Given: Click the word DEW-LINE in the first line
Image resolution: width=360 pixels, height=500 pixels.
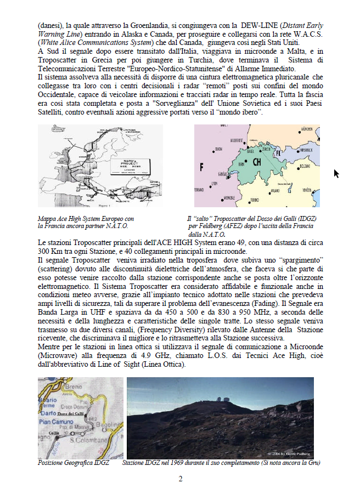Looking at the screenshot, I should coord(257,25).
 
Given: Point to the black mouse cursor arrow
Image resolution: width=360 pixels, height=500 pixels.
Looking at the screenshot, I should coord(336,173).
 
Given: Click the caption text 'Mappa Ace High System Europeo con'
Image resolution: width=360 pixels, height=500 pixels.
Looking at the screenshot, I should coord(86,218).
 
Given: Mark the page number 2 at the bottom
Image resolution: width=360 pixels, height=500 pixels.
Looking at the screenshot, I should coord(180,479).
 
